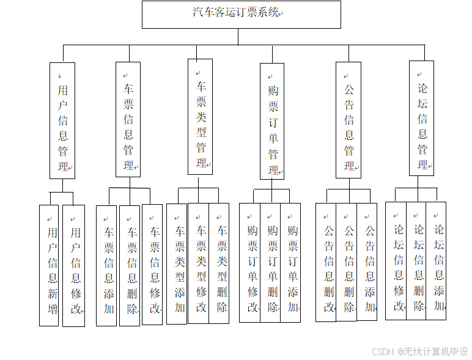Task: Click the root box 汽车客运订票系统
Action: click(x=241, y=14)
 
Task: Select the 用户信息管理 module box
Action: click(x=62, y=120)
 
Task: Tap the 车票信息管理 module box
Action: click(x=128, y=119)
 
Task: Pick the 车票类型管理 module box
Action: click(x=200, y=116)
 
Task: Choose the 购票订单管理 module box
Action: click(x=272, y=121)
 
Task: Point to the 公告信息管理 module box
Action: click(x=348, y=120)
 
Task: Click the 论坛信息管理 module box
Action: click(x=421, y=119)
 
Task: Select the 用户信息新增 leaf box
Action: click(x=49, y=265)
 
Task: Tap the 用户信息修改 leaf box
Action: click(x=73, y=265)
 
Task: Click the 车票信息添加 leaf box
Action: click(x=106, y=265)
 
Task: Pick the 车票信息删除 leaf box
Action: click(x=130, y=265)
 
